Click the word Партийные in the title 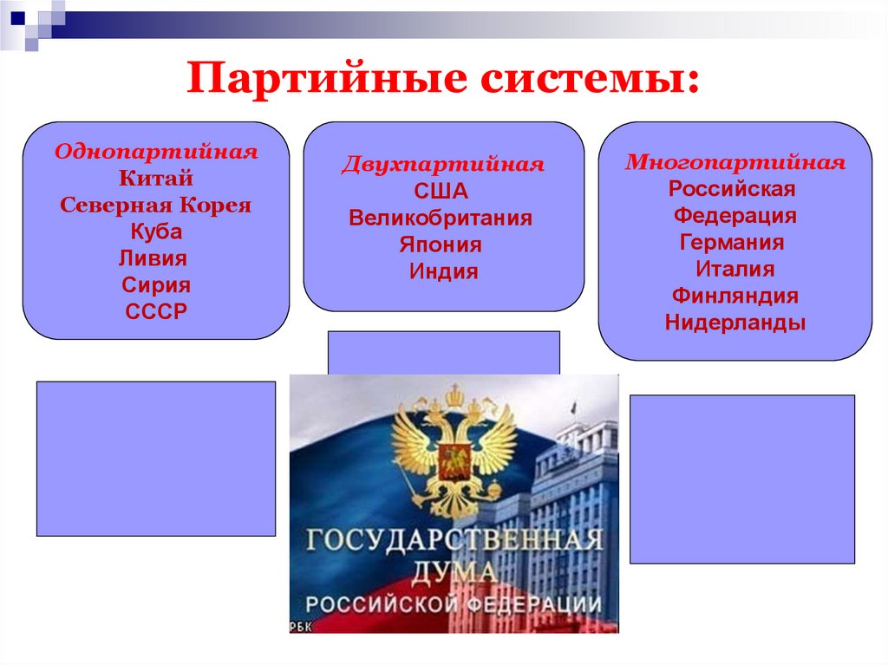pos(326,78)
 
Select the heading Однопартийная pos(156,152)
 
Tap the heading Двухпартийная pos(443,164)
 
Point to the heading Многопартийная pos(735,163)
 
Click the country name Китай pos(156,179)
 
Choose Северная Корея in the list pos(156,205)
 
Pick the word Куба pos(156,231)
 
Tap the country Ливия pos(153,258)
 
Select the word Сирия pos(156,285)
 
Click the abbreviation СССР pos(156,311)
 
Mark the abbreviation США pos(441,191)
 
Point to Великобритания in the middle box pos(441,218)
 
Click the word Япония pos(441,244)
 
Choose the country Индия pos(444,271)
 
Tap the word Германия pos(732,243)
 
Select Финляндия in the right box pos(735,296)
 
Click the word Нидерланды pos(735,323)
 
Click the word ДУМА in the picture pos(454,573)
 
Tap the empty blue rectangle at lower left pos(156,459)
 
